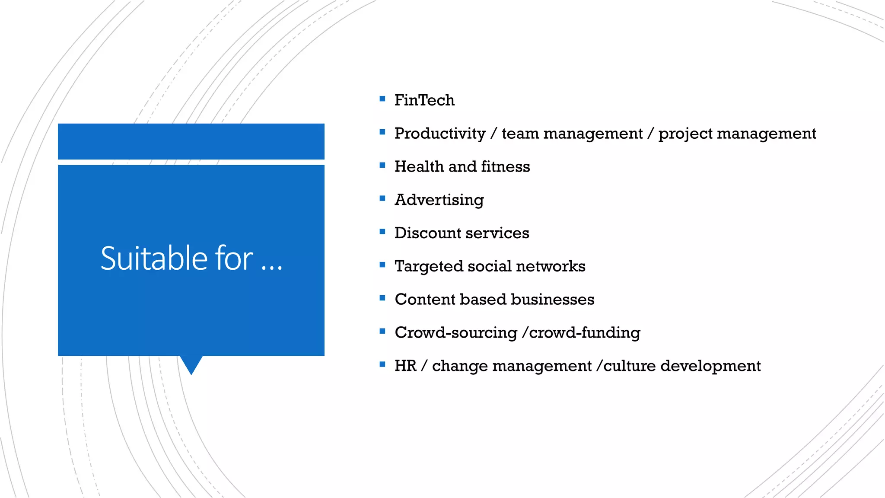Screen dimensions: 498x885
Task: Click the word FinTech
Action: click(x=424, y=100)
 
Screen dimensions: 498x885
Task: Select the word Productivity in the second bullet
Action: click(x=440, y=134)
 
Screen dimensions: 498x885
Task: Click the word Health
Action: click(x=419, y=167)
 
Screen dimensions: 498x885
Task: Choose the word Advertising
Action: click(x=439, y=200)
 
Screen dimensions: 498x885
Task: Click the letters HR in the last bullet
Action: click(x=405, y=366)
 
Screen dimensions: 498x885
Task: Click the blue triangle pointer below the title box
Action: click(x=191, y=364)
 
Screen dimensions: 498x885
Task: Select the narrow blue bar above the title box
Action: click(x=191, y=141)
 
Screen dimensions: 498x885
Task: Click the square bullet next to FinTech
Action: click(x=382, y=99)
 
